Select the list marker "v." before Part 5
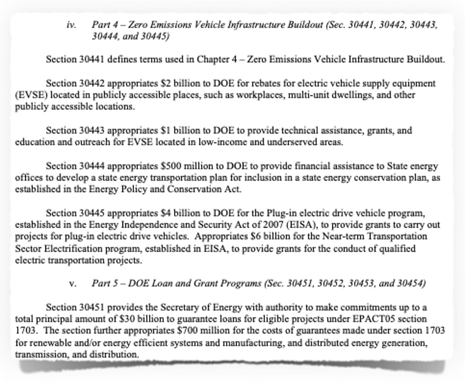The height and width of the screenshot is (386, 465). [x=73, y=284]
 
